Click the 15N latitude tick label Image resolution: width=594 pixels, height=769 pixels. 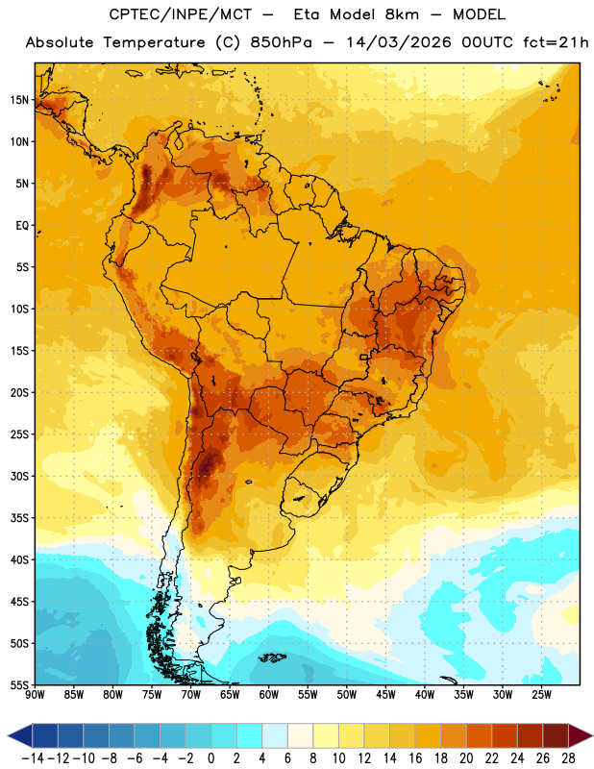point(19,100)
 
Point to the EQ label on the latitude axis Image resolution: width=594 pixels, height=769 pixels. point(22,226)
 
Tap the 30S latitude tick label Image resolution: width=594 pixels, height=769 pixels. point(19,476)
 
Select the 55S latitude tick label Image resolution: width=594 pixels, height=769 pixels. point(19,684)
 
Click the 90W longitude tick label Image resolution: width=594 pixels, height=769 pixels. point(35,694)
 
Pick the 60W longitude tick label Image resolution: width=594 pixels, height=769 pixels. point(269,694)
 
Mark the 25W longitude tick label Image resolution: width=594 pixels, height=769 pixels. point(541,694)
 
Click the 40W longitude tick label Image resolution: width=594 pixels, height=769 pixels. point(425,694)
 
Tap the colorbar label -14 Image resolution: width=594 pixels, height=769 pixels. point(33,758)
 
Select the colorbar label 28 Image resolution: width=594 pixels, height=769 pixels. point(568,758)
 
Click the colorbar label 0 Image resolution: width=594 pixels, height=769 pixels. point(210,758)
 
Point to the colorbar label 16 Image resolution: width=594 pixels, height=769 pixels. point(415,758)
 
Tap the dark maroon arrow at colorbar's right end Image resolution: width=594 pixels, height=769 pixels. point(580,735)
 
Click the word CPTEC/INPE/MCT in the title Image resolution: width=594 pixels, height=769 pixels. point(181,14)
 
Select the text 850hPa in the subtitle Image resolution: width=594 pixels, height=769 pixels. point(281,42)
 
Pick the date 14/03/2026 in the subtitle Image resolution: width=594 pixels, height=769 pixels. point(398,42)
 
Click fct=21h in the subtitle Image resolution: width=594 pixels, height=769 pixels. point(556,42)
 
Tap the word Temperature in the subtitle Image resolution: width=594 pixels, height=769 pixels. point(154,42)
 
